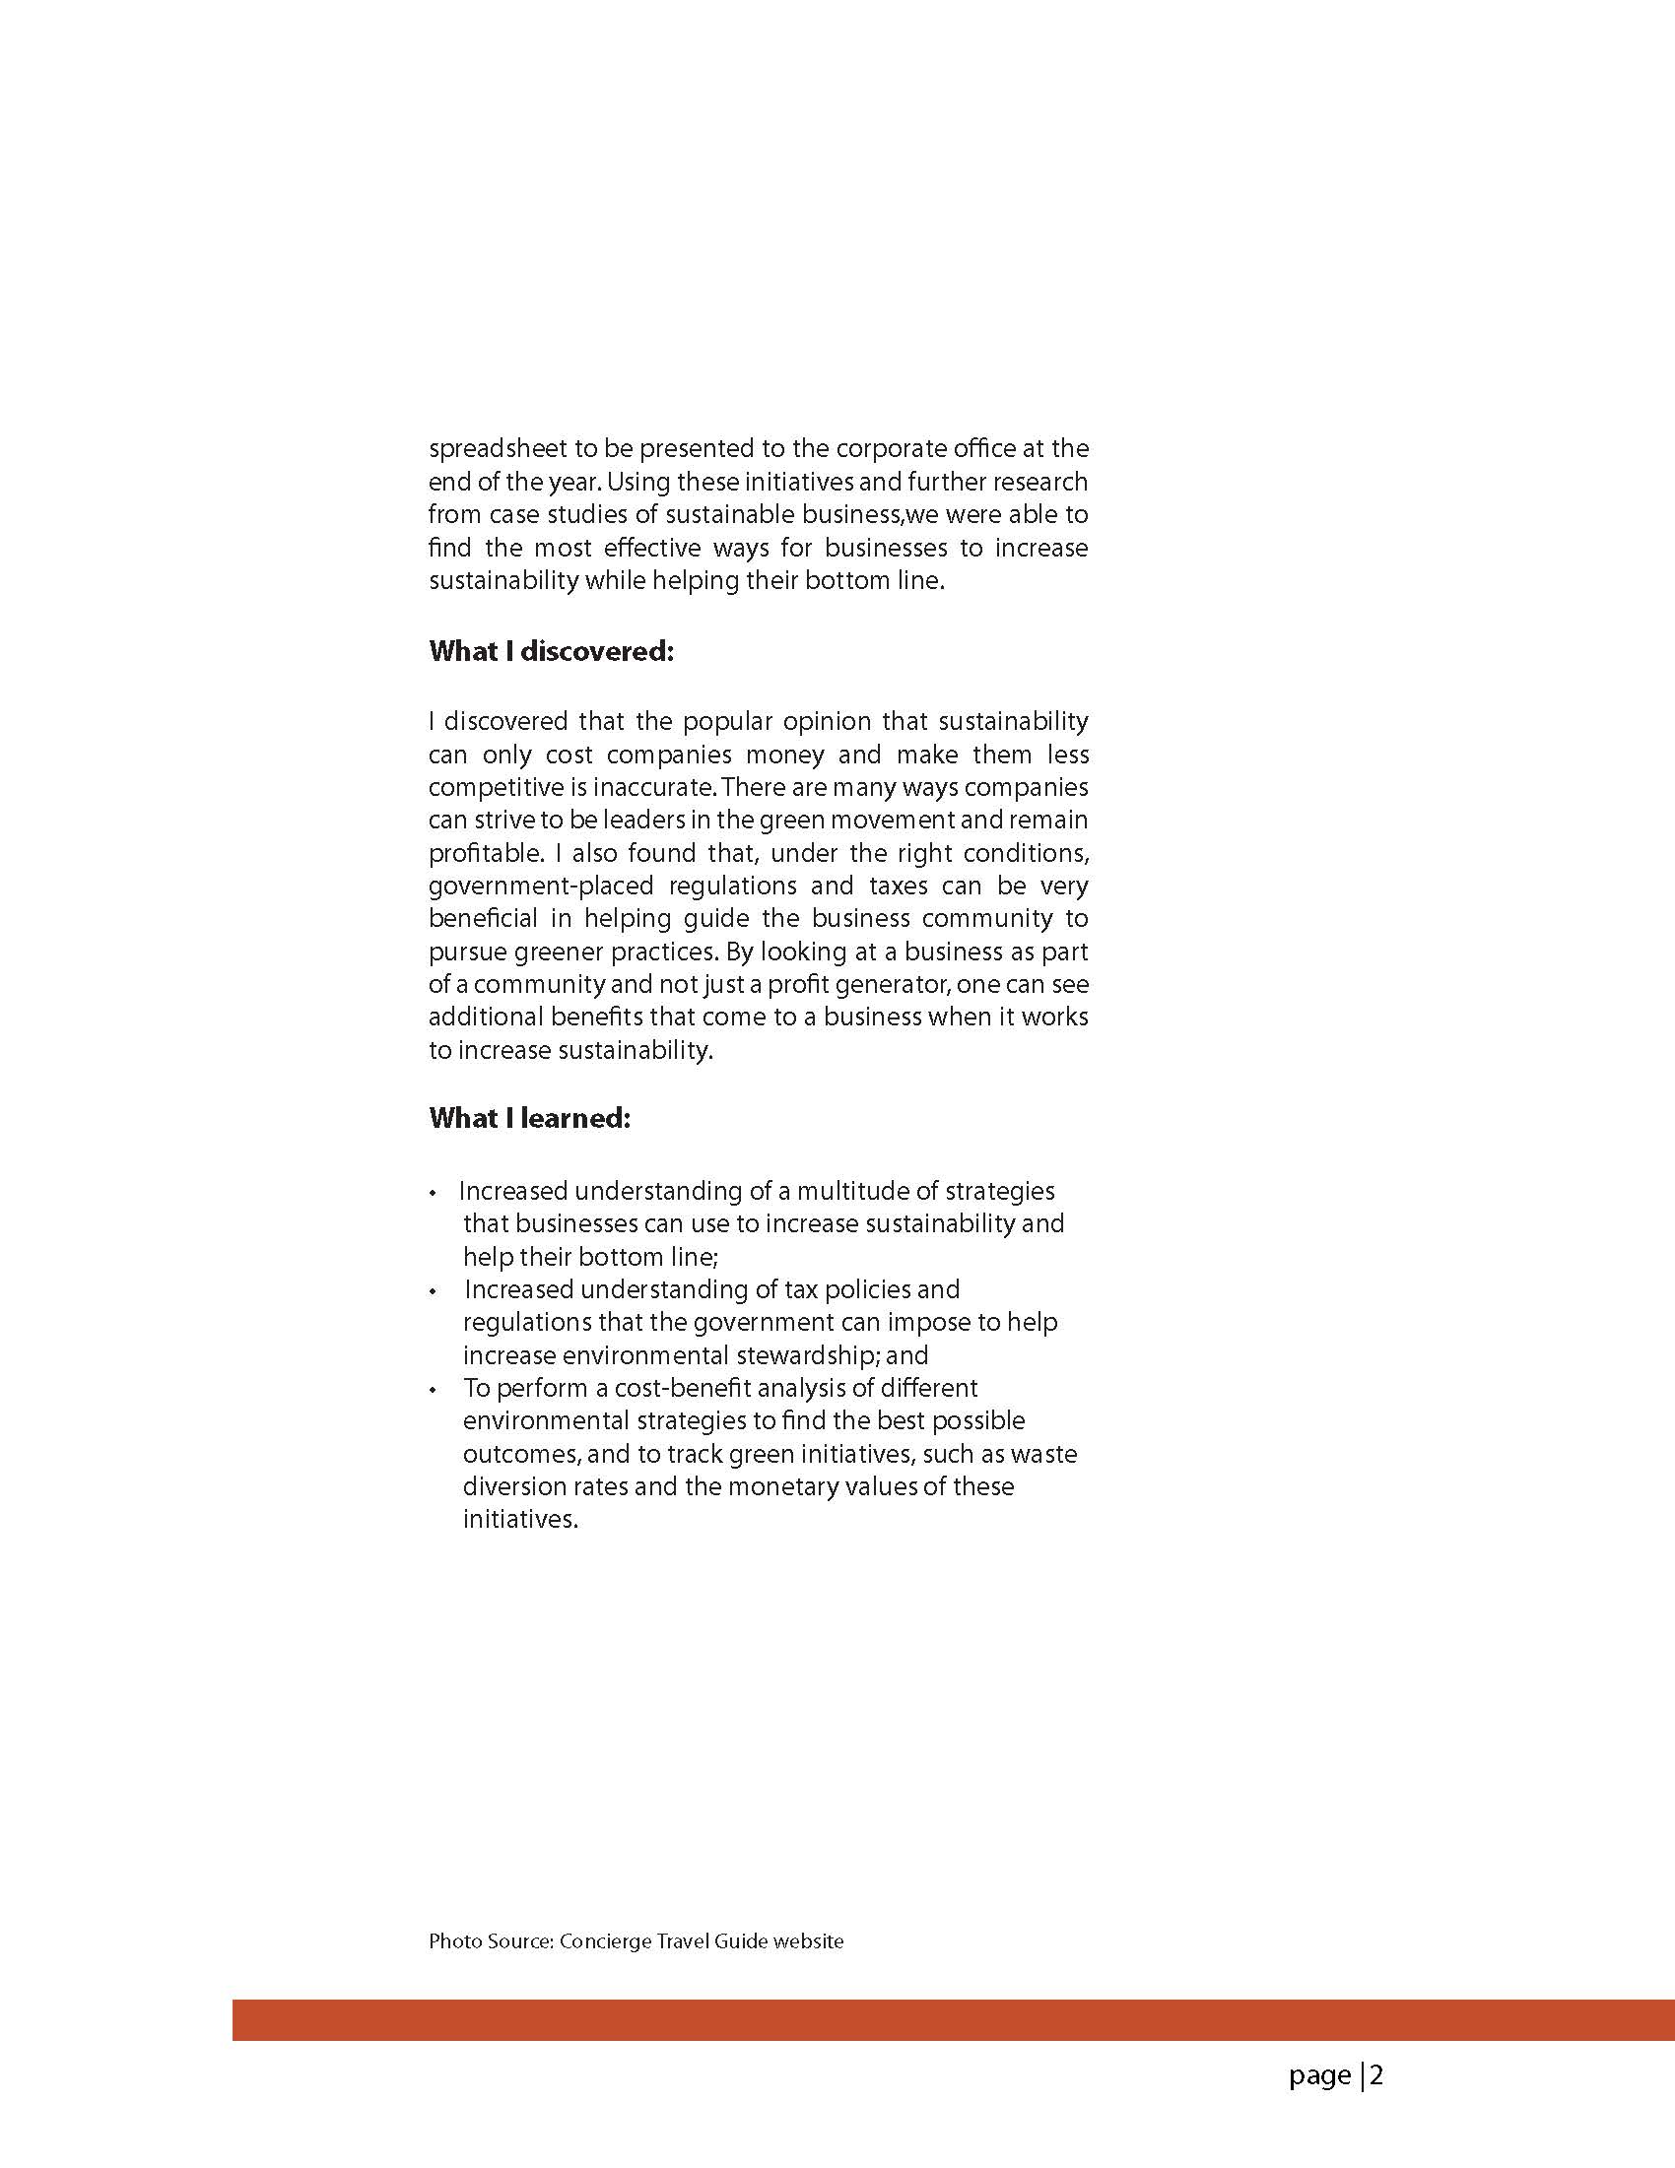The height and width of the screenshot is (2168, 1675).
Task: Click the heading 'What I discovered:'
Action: pyautogui.click(x=551, y=651)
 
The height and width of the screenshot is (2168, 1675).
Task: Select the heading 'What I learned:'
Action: pyautogui.click(x=529, y=1118)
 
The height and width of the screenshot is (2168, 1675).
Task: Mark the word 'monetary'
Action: pyautogui.click(x=781, y=1486)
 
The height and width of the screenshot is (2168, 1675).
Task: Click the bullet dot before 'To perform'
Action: pyautogui.click(x=433, y=1390)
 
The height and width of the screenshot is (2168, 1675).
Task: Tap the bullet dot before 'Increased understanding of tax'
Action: pyautogui.click(x=433, y=1291)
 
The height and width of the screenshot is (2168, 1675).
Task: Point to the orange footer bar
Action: pyautogui.click(x=953, y=2020)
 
